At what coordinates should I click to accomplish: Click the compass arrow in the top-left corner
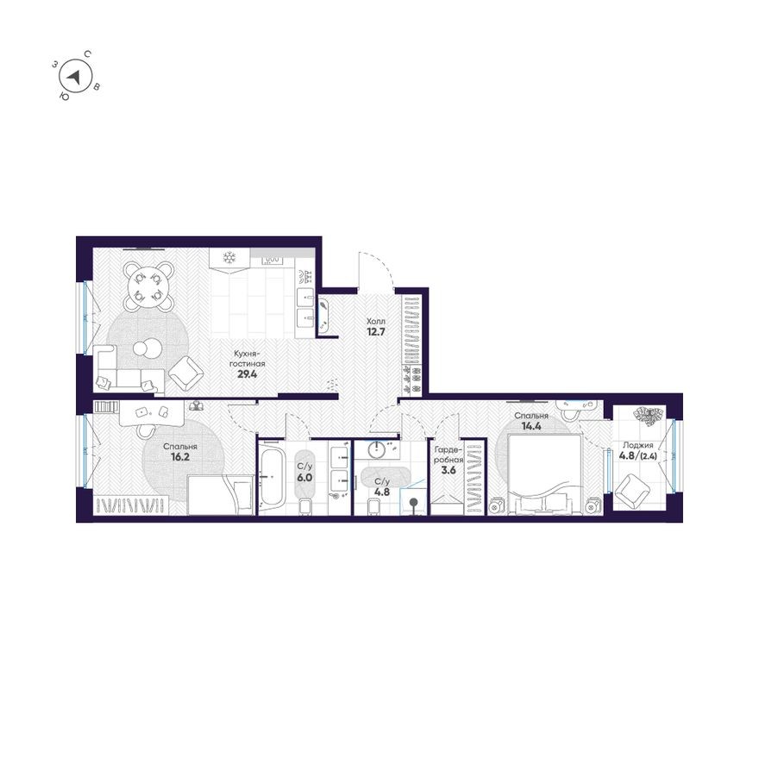[77, 77]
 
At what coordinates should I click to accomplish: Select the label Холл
[374, 319]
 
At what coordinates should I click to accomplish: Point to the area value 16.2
[181, 458]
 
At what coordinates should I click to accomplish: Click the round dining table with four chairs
[148, 284]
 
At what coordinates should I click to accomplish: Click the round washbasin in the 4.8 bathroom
[378, 448]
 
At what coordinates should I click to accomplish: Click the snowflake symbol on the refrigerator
[229, 257]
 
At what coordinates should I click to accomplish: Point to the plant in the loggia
[645, 416]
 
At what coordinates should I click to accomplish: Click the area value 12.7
[374, 330]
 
